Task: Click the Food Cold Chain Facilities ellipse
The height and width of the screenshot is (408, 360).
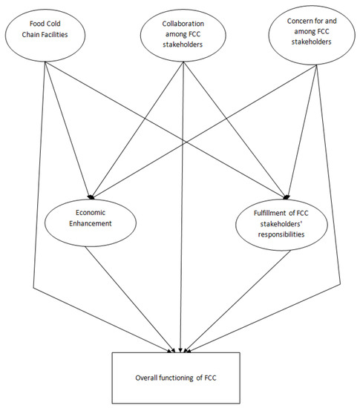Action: (x=42, y=33)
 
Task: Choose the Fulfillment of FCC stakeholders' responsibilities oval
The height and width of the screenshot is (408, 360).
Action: (x=280, y=223)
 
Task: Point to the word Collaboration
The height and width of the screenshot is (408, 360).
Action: (x=179, y=23)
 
